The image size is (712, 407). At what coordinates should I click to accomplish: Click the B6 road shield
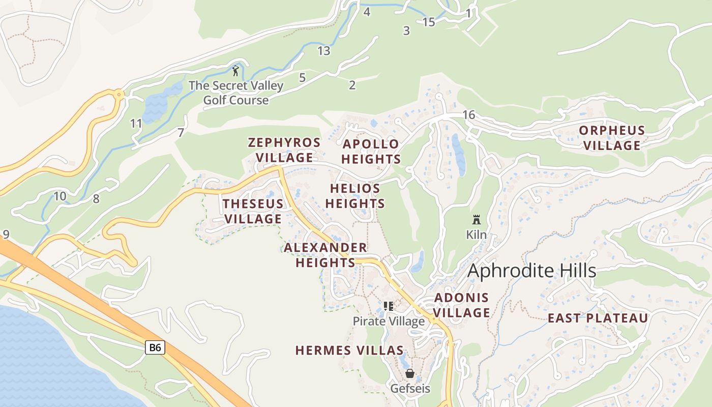point(155,347)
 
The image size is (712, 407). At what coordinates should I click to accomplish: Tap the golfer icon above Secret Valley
point(235,71)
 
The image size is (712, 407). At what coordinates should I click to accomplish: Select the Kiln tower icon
point(477,220)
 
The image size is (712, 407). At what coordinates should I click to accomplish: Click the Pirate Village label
point(389,322)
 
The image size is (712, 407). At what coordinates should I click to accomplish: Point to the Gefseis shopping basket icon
point(410,373)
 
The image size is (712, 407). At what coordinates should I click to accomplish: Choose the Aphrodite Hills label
point(531,271)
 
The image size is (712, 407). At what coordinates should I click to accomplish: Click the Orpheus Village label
point(612,138)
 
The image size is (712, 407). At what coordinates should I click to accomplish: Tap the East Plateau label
point(598,318)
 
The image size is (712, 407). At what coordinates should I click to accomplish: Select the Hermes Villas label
point(349,351)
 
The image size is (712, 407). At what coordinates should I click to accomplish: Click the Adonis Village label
point(462,305)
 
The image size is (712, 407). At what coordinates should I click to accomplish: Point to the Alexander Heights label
point(325,255)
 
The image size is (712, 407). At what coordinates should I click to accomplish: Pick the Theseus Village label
point(253,211)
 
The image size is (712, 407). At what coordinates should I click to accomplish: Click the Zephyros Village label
point(284,150)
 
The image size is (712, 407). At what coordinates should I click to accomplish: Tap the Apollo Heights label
point(371,152)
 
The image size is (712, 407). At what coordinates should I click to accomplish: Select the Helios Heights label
point(355,196)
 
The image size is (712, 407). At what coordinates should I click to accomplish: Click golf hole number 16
point(468,115)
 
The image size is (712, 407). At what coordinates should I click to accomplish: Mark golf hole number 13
point(323,51)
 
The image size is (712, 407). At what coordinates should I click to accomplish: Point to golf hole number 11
point(136,124)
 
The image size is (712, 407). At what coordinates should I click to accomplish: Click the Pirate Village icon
point(389,306)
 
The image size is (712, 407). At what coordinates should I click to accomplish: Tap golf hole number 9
point(6,235)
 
